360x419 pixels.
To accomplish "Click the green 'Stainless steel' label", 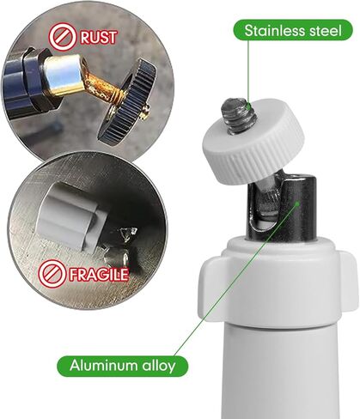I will [292, 32].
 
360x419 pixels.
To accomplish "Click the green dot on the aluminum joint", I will [299, 204].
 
